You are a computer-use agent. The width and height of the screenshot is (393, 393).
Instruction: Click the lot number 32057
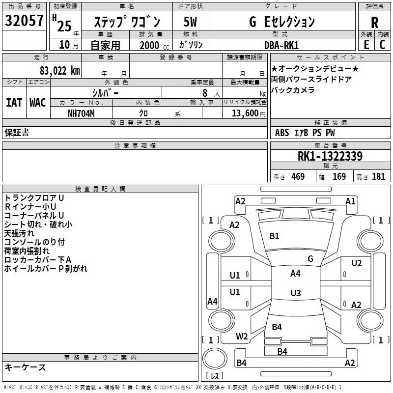[24, 21]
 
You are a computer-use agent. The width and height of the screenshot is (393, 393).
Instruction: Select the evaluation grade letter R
[374, 23]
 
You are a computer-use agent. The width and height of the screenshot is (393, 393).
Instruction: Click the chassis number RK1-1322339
[330, 156]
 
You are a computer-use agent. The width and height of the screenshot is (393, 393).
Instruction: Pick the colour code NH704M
[81, 113]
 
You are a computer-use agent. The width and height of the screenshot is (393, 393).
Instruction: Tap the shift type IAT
[14, 102]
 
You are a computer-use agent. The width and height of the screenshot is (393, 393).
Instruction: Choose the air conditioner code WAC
[38, 102]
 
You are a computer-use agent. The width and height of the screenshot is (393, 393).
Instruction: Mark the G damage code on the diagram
[310, 259]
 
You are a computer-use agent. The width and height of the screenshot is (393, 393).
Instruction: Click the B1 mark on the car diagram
[274, 236]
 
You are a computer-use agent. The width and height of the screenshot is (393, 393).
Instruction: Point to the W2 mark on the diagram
[242, 337]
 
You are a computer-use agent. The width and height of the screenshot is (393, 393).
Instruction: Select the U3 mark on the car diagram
[295, 293]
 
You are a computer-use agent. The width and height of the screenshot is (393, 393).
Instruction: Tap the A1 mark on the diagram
[350, 201]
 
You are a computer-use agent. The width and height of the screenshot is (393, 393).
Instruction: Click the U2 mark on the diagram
[356, 263]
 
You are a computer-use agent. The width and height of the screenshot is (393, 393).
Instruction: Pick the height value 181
[378, 177]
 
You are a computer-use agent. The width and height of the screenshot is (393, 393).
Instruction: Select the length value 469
[298, 177]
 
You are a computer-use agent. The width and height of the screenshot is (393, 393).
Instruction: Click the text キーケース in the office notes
[25, 367]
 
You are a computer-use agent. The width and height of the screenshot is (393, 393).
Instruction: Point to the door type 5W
[190, 22]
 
